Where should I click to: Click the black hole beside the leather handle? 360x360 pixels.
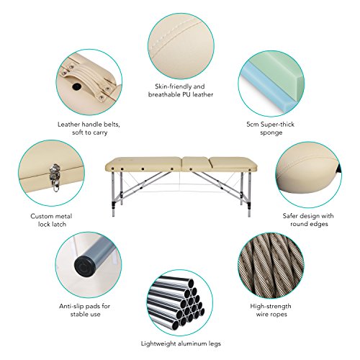point(77,86)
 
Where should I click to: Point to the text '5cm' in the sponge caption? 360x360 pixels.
point(253,125)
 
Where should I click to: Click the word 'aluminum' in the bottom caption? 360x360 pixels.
point(189,343)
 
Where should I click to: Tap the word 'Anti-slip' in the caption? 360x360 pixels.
point(71,307)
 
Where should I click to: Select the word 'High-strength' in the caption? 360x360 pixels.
point(271,307)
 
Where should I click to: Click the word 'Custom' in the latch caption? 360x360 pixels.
point(41,216)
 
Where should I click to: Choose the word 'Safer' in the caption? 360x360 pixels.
point(291,216)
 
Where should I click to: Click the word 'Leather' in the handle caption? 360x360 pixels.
point(68,125)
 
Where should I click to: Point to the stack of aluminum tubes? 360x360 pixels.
point(176,303)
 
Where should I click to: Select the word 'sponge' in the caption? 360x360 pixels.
point(271,132)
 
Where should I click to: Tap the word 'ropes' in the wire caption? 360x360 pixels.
point(279,315)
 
